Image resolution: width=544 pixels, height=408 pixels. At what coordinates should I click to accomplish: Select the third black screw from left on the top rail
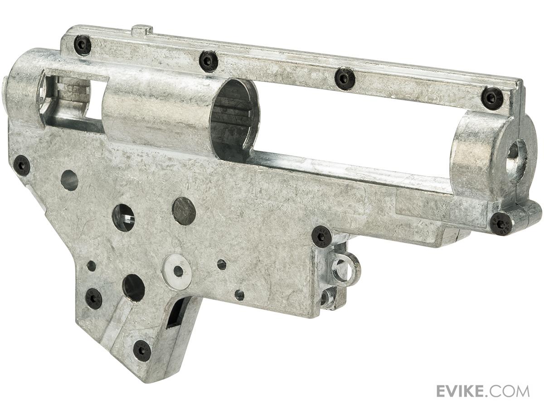(x=345, y=77)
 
